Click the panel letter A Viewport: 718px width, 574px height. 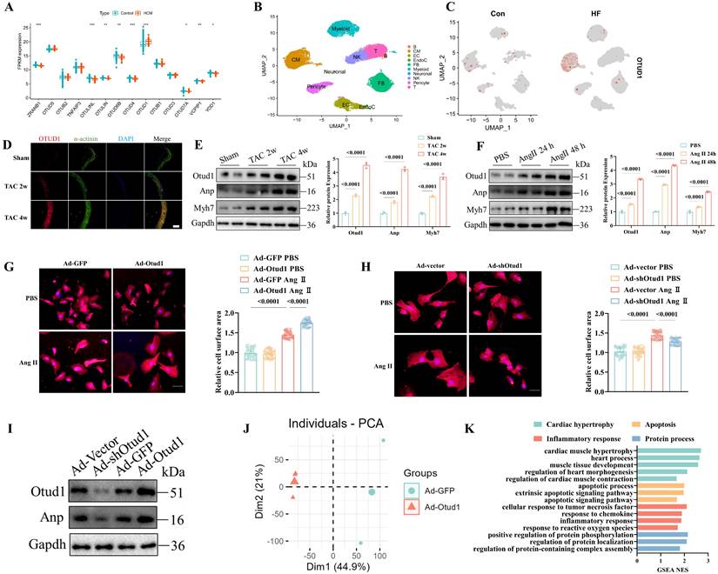(10, 10)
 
